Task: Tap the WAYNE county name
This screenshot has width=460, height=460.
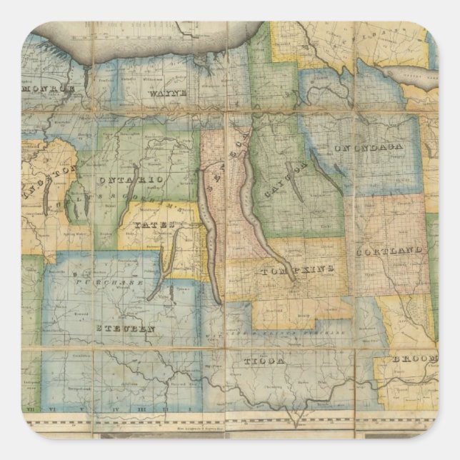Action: click(169, 94)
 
